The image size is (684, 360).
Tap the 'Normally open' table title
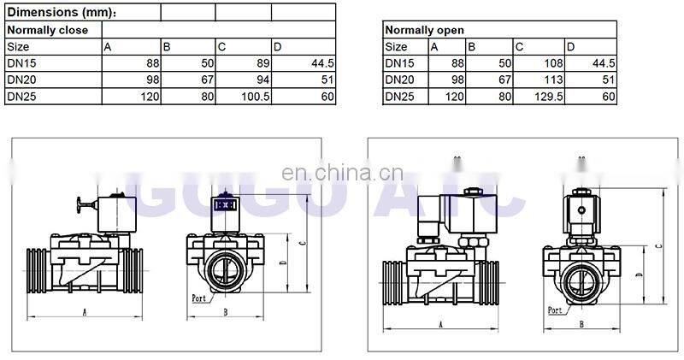pyautogui.click(x=424, y=30)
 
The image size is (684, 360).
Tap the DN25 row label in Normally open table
pyautogui.click(x=398, y=96)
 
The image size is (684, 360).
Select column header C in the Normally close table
pyautogui.click(x=222, y=46)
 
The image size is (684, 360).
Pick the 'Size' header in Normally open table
pyautogui.click(x=396, y=46)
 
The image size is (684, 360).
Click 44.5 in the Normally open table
pyautogui.click(x=603, y=63)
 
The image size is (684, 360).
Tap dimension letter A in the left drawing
pyautogui.click(x=84, y=312)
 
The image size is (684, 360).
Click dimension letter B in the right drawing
pyautogui.click(x=581, y=324)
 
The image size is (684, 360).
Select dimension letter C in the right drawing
pyautogui.click(x=657, y=246)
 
